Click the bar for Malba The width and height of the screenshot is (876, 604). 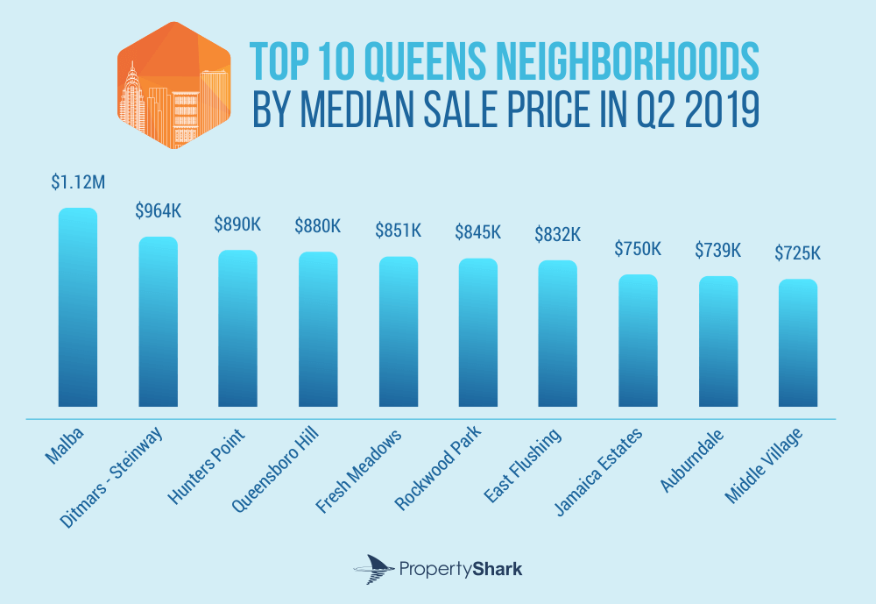[78, 308]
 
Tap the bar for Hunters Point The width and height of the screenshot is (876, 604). [238, 329]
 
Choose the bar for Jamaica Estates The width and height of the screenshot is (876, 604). [638, 341]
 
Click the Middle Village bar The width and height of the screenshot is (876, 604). [798, 343]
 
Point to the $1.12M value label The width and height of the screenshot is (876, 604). [78, 182]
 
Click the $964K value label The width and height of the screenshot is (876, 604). [159, 211]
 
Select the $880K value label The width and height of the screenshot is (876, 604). [318, 226]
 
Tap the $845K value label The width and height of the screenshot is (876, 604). [478, 232]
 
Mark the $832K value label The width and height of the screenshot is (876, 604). [558, 235]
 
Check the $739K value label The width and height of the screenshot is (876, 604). [717, 250]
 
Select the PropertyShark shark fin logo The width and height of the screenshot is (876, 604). [370, 569]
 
